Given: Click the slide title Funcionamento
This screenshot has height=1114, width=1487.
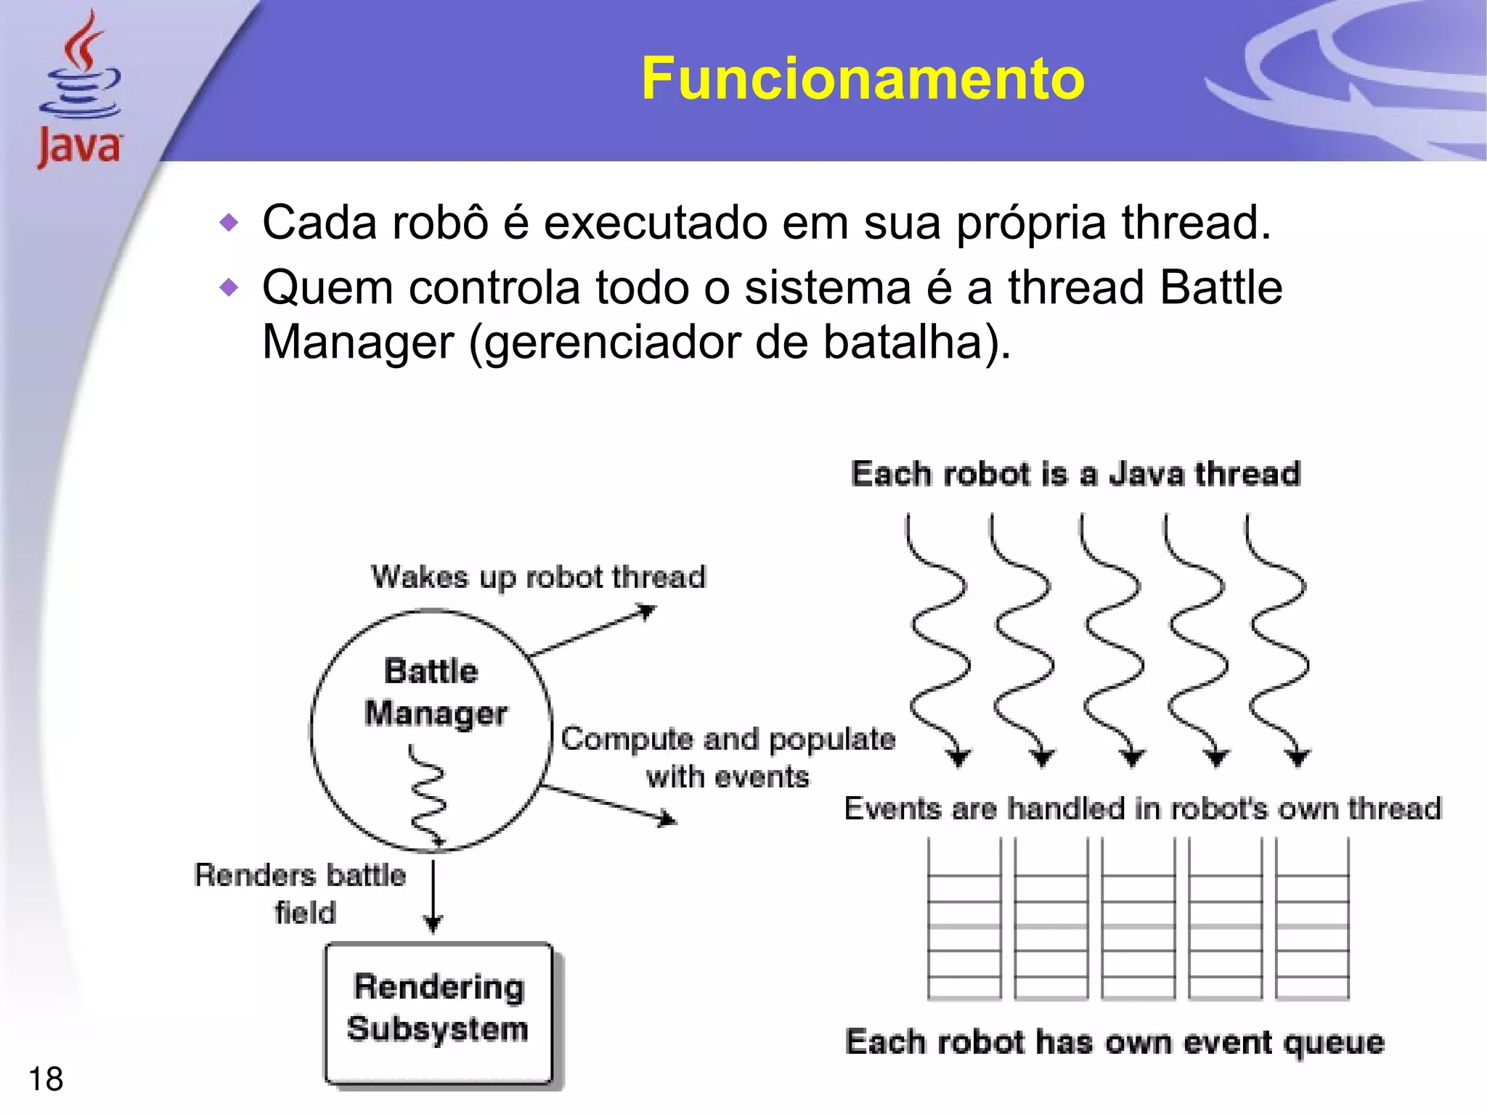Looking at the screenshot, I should pyautogui.click(x=863, y=78).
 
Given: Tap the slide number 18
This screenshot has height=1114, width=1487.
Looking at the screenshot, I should pyautogui.click(x=46, y=1079).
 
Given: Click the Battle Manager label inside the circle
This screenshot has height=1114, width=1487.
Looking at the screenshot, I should pyautogui.click(x=435, y=692).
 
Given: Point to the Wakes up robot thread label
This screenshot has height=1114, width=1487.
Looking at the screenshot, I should pyautogui.click(x=538, y=578).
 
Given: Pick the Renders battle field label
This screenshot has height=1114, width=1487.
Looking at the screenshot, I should pyautogui.click(x=301, y=893).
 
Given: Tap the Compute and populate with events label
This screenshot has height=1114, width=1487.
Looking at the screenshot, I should pyautogui.click(x=728, y=757).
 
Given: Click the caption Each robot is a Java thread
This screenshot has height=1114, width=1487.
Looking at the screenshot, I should pyautogui.click(x=1075, y=474).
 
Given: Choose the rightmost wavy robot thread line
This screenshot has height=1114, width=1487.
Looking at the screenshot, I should pyautogui.click(x=1278, y=639).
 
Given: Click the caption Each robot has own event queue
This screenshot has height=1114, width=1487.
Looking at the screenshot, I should pyautogui.click(x=1115, y=1043).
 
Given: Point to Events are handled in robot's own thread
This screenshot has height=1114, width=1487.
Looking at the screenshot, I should pyautogui.click(x=1142, y=808).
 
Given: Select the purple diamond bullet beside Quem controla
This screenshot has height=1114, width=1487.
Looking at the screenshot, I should pyautogui.click(x=229, y=288).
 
